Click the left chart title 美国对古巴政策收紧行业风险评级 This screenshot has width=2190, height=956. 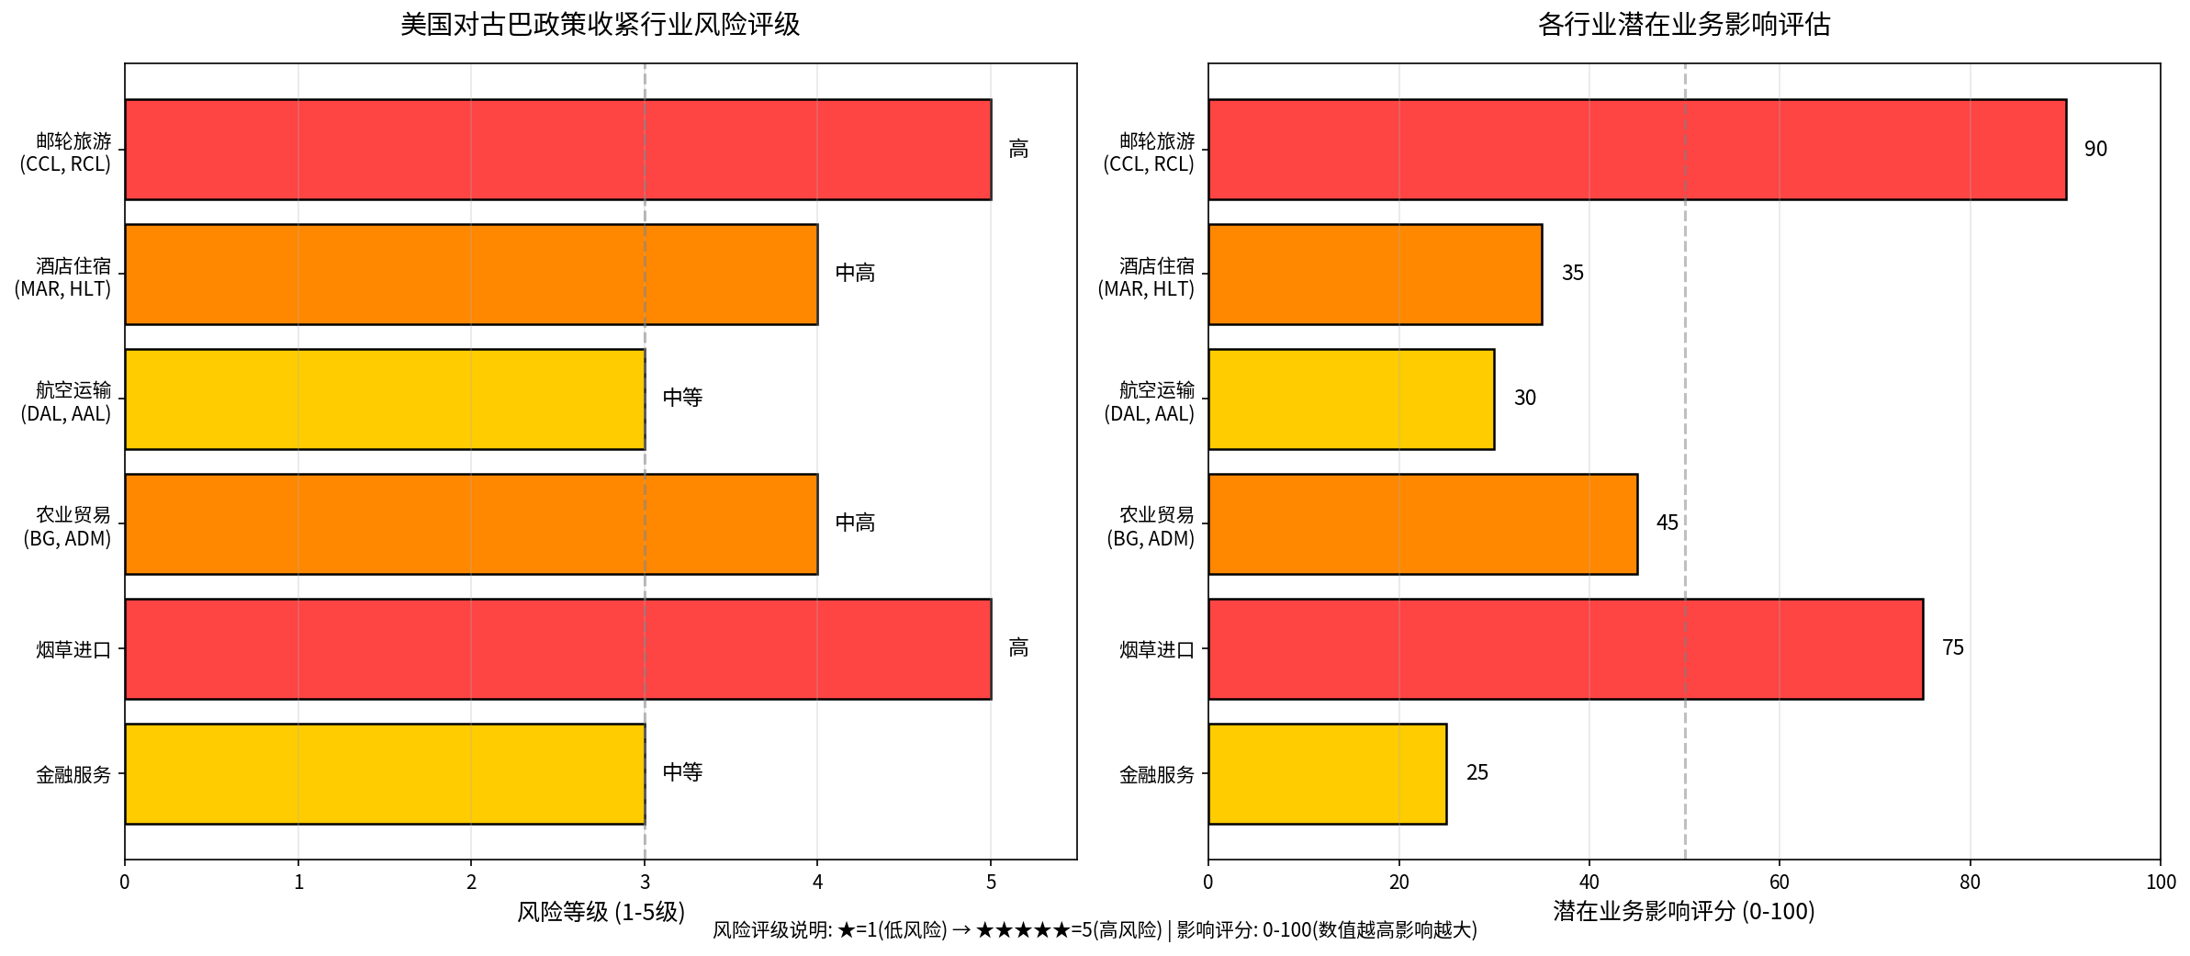click(x=600, y=25)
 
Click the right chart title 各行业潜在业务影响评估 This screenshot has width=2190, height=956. click(x=1683, y=25)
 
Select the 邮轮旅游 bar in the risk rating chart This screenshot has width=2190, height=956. click(x=557, y=149)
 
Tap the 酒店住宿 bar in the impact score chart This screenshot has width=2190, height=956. click(x=1375, y=274)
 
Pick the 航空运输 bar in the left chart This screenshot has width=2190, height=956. click(x=385, y=399)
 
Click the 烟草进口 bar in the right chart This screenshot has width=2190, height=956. click(x=1565, y=648)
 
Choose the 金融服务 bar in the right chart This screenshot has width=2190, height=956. click(x=1327, y=773)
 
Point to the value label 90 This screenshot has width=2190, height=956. click(x=2095, y=149)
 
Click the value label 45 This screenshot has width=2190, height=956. click(x=1667, y=523)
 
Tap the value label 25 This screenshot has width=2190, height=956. click(x=1477, y=772)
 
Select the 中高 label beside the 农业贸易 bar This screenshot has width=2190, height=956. click(x=855, y=523)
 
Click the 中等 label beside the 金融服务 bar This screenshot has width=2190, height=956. click(x=682, y=772)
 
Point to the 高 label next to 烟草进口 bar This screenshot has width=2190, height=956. click(x=1018, y=647)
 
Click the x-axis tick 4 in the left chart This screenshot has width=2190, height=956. click(x=817, y=883)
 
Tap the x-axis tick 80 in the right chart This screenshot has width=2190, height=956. click(x=1970, y=883)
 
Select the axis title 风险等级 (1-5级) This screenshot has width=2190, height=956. click(x=601, y=911)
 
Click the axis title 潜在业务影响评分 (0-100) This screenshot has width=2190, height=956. click(x=1683, y=911)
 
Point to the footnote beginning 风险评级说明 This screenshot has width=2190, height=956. click(x=1095, y=930)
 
